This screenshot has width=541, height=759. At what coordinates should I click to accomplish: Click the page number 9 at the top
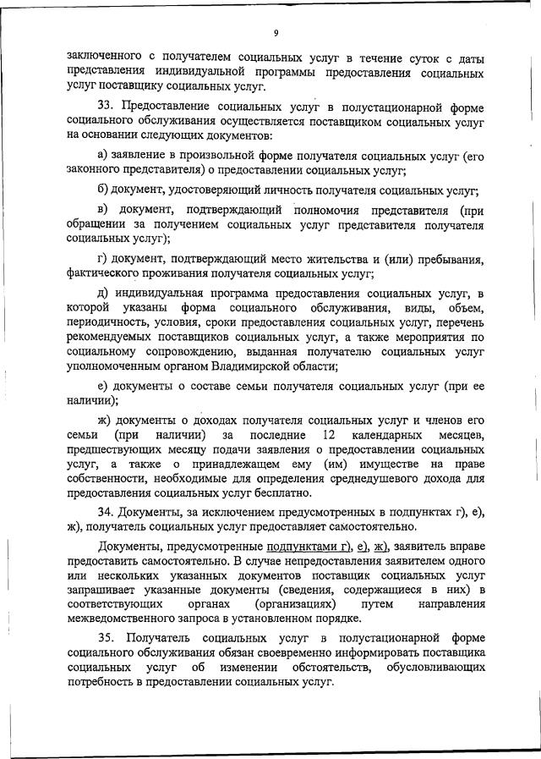tap(276, 33)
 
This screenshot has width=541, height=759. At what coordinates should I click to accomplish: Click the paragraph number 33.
tap(107, 106)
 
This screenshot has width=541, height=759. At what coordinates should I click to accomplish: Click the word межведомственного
tap(123, 619)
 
